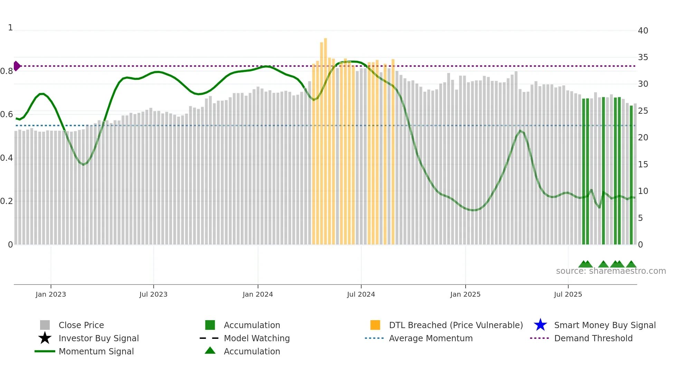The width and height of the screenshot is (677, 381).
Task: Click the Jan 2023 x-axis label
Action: [x=50, y=294]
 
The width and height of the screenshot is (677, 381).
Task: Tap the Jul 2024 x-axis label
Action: [x=361, y=294]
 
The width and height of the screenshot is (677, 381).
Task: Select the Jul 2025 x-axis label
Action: [x=568, y=294]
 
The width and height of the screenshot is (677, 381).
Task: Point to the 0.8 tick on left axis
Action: [x=7, y=71]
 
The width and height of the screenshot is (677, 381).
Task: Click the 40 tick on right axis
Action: [x=643, y=31]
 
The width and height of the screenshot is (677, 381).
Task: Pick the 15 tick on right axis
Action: [x=643, y=165]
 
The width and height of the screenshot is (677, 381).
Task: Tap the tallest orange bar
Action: [x=325, y=138]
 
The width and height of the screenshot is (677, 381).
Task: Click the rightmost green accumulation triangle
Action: [x=631, y=264]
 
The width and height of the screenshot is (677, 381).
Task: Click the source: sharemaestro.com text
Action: [x=611, y=271]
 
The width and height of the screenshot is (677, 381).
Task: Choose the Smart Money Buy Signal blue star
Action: [x=540, y=325]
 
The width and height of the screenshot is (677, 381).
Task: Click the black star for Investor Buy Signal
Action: [x=45, y=338]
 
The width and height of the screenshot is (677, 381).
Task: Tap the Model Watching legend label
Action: [x=257, y=338]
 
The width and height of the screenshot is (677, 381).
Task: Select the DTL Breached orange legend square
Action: [x=375, y=325]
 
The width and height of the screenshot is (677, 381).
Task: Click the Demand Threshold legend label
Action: [x=593, y=338]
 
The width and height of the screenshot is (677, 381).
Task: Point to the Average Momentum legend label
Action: [x=430, y=338]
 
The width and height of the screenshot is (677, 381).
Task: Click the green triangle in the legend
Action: [x=210, y=351]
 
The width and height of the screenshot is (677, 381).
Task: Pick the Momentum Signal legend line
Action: [x=45, y=351]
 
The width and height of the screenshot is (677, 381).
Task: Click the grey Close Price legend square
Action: [x=45, y=325]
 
